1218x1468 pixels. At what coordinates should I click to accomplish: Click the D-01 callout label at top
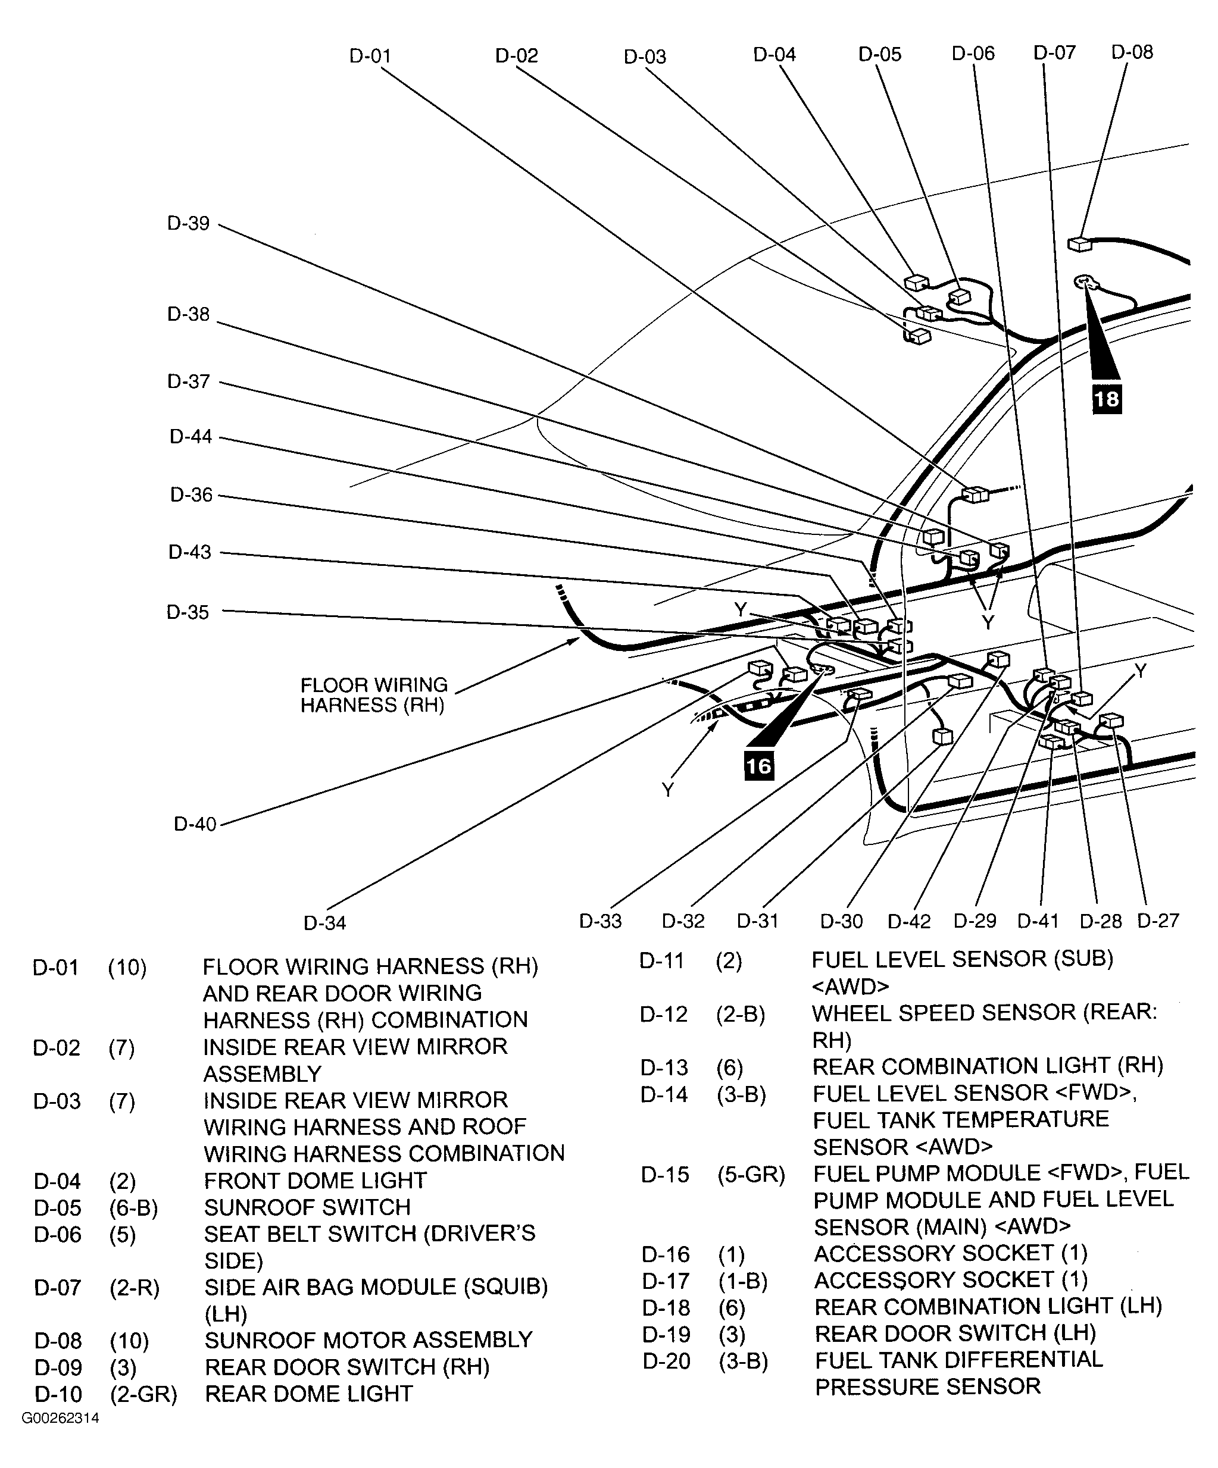click(x=370, y=56)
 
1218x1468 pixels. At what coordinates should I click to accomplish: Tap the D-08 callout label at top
click(x=1132, y=52)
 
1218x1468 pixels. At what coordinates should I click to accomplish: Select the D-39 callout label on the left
click(x=188, y=224)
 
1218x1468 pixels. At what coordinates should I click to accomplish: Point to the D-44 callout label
click(x=191, y=437)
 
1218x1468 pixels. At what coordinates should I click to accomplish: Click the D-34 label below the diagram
click(x=324, y=924)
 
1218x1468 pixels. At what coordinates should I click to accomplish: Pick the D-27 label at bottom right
click(x=1158, y=921)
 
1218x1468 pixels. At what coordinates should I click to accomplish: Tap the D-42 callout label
click(x=909, y=921)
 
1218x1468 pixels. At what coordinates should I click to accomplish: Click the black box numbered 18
click(x=1107, y=399)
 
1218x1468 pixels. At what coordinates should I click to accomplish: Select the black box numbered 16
click(x=758, y=766)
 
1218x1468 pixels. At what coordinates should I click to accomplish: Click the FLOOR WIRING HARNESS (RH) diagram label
click(x=373, y=695)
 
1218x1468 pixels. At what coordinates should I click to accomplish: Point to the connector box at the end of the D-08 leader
click(x=1079, y=244)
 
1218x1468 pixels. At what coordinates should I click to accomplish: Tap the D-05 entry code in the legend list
click(x=57, y=1207)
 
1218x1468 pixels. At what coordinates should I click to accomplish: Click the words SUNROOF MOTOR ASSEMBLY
click(x=368, y=1340)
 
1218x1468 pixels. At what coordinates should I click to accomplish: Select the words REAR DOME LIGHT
click(x=308, y=1393)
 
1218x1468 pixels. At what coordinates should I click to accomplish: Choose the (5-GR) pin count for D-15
click(x=751, y=1175)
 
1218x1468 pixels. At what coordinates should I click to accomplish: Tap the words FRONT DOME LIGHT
click(x=315, y=1181)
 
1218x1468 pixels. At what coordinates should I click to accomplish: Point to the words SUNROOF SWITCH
click(x=307, y=1207)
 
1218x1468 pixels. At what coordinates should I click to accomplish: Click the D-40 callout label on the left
click(x=195, y=824)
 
